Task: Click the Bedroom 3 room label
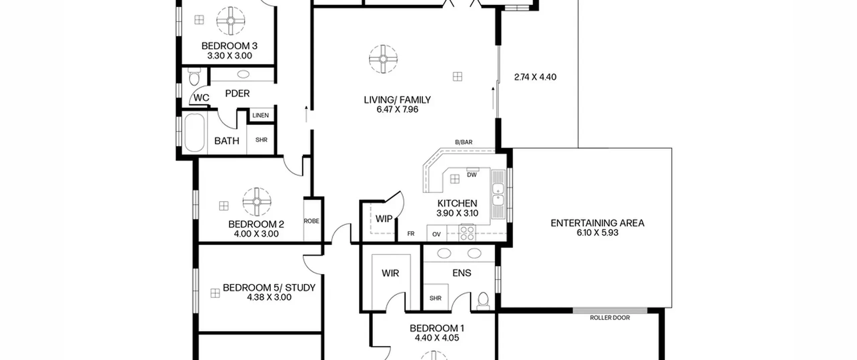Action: (x=229, y=46)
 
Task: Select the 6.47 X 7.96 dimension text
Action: (x=397, y=110)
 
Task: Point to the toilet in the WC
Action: (x=194, y=77)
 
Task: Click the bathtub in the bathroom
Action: (x=194, y=133)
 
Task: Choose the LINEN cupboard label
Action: (x=260, y=116)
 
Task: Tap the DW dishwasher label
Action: (x=472, y=175)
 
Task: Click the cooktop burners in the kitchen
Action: (x=467, y=233)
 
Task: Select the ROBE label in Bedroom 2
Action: (x=311, y=221)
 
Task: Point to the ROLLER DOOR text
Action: (x=610, y=318)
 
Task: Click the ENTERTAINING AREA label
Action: (x=598, y=223)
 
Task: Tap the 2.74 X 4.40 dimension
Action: (x=535, y=77)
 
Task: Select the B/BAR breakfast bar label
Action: (x=464, y=142)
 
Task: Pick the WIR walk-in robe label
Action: (x=390, y=273)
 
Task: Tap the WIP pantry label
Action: (x=384, y=219)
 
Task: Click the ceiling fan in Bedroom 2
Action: (x=257, y=202)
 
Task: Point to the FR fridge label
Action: (x=411, y=234)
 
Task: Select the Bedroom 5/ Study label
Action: (x=269, y=288)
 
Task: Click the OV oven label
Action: (x=436, y=234)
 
